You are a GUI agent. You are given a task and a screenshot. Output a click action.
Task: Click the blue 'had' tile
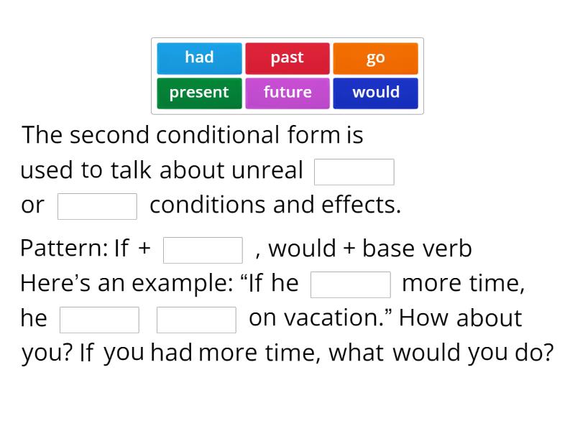199,58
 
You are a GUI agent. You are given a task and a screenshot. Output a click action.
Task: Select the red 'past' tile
287,58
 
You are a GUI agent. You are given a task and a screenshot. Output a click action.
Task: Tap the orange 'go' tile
375,58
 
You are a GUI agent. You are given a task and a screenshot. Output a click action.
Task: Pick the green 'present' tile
199,93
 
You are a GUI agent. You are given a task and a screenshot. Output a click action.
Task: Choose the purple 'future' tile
287,93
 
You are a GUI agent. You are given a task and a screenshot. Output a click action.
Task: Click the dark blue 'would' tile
375,93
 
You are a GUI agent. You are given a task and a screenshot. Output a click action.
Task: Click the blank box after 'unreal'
354,172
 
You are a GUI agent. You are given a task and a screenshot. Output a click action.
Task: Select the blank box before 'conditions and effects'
97,206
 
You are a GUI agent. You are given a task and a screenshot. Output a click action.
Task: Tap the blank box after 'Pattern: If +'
203,250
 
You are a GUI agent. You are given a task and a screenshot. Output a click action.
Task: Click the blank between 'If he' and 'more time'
351,284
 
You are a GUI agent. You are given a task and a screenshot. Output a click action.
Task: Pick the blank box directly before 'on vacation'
196,320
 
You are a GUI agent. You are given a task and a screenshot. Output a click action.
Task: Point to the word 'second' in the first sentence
111,135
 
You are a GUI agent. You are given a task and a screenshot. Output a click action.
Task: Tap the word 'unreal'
267,171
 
